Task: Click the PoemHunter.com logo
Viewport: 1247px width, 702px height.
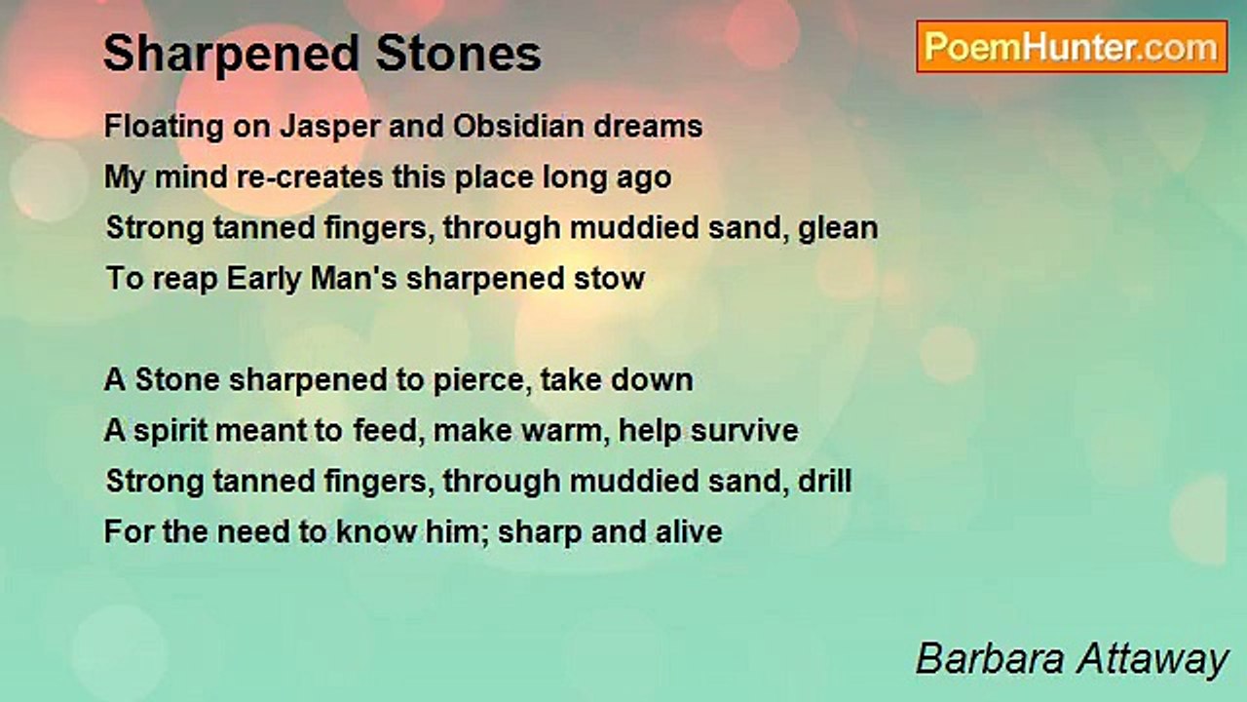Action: pos(1072,47)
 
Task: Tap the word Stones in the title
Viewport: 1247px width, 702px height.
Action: pos(458,54)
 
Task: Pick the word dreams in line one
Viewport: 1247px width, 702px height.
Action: pos(648,126)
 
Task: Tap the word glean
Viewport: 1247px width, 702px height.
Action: pos(838,229)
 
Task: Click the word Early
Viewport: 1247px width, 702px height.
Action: pos(264,280)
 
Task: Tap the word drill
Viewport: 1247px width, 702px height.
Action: pos(824,481)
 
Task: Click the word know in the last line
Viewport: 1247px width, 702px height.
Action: pos(376,531)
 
